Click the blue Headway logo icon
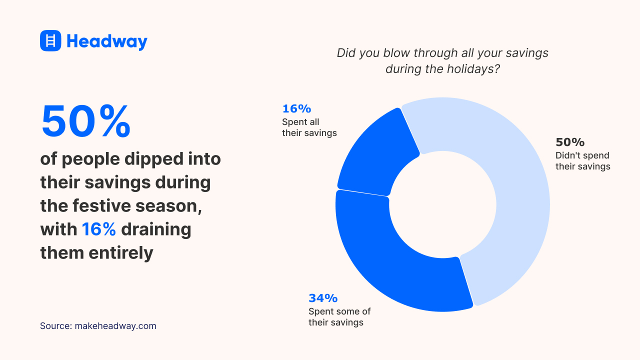point(50,40)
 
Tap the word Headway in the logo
point(107,41)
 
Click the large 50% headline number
point(85,121)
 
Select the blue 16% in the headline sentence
point(99,229)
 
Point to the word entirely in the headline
point(121,252)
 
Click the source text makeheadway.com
point(115,326)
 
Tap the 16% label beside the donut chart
point(296,108)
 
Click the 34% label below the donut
point(323,298)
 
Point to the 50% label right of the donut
point(570,142)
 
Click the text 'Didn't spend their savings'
point(582,161)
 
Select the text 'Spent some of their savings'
point(339,317)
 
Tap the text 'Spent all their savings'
point(309,127)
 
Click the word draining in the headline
point(156,229)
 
